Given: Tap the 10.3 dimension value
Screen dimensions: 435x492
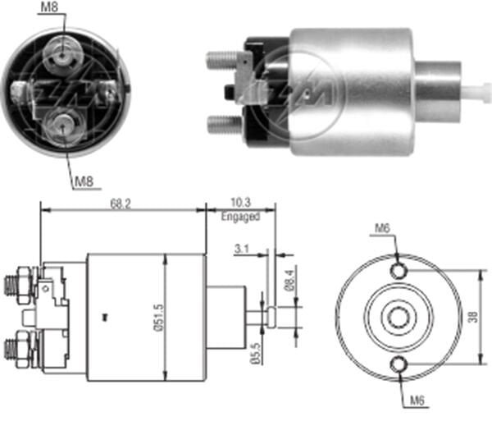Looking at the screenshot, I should click(240, 203).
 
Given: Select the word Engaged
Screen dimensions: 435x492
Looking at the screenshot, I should click(240, 217).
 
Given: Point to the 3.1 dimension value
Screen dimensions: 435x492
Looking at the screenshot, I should click(241, 248).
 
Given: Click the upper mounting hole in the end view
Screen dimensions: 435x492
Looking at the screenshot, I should click(399, 271).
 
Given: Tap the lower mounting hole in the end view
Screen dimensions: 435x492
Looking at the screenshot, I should click(399, 365).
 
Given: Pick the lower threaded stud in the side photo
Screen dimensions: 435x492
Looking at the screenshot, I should click(221, 125).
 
